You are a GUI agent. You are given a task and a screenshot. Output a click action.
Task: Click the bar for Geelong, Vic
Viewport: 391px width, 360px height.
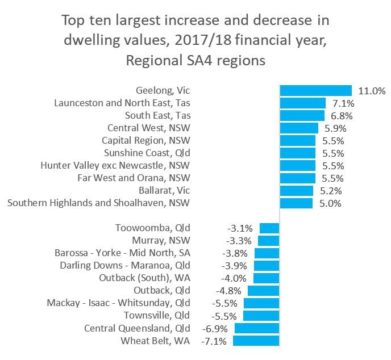pos(316,90)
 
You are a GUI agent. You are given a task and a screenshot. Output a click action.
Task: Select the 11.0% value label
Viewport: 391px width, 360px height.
pos(372,90)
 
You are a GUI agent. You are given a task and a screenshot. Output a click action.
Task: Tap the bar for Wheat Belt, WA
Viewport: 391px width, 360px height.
pos(256,341)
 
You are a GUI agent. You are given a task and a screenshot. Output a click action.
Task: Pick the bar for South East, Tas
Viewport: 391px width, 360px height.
pos(302,115)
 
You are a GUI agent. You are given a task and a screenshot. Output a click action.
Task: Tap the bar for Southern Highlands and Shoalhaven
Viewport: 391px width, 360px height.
pos(296,203)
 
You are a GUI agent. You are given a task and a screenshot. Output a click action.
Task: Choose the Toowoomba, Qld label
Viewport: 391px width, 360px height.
pos(152,228)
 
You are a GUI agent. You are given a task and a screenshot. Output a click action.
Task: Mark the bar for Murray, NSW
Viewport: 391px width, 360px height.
pos(269,241)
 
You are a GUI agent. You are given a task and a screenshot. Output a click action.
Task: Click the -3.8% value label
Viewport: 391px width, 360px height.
pos(235,253)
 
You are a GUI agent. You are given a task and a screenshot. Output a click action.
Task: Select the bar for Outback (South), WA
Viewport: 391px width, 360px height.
pos(266,278)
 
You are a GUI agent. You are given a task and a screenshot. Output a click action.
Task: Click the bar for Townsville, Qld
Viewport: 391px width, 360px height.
pos(261,316)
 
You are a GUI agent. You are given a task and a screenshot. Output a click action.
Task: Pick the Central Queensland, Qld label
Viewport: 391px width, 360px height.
pos(137,328)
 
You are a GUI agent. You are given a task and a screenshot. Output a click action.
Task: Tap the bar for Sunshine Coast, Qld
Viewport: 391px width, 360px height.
pos(297,153)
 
